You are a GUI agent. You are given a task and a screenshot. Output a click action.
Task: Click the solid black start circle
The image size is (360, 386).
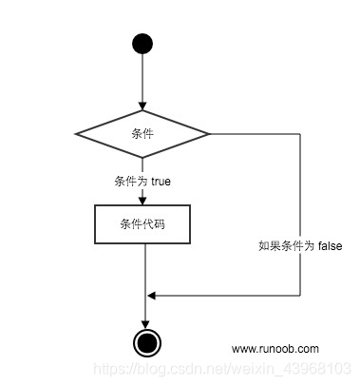click(x=142, y=43)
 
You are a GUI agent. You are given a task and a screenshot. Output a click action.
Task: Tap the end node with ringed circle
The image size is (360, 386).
click(x=144, y=342)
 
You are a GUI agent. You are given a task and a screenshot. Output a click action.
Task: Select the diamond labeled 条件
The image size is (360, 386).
click(x=142, y=133)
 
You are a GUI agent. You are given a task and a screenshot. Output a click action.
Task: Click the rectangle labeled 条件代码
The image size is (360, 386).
click(x=142, y=224)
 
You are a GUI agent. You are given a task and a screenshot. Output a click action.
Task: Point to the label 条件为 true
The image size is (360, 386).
click(x=142, y=180)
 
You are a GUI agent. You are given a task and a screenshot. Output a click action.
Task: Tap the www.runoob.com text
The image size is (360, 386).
click(x=275, y=349)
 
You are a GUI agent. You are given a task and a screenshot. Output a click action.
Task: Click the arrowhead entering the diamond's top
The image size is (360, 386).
click(x=142, y=106)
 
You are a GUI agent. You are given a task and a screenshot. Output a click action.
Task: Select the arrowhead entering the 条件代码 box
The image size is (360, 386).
click(x=142, y=200)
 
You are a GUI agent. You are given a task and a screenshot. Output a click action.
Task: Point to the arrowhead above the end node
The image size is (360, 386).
click(x=144, y=324)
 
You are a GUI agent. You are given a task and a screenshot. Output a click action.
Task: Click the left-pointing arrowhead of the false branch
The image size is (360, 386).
click(x=151, y=296)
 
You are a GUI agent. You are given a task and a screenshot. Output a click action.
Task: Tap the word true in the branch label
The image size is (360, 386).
click(x=161, y=180)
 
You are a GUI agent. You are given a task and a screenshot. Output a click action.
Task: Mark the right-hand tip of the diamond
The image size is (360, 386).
click(x=209, y=133)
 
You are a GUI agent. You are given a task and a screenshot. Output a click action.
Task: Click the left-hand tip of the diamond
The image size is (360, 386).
click(x=77, y=133)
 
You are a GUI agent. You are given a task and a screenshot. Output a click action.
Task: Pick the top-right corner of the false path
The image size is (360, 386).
click(x=299, y=133)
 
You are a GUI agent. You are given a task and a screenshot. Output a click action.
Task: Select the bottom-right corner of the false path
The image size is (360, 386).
click(x=299, y=296)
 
